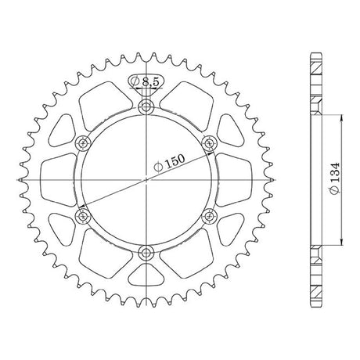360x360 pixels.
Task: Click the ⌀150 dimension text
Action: [169, 162]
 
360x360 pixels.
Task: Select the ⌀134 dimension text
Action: [335, 178]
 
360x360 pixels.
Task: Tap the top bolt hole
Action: [146, 106]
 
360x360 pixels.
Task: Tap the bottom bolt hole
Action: [146, 252]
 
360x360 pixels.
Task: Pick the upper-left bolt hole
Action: [83, 143]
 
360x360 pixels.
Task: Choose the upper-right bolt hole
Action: [210, 143]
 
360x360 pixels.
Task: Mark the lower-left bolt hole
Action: [83, 216]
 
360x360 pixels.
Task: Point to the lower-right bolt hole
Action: [210, 216]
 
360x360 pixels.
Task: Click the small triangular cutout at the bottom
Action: [146, 275]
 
